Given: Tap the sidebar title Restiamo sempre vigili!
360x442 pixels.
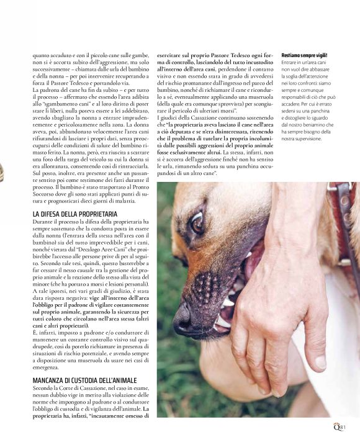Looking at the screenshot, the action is coord(305,55).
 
